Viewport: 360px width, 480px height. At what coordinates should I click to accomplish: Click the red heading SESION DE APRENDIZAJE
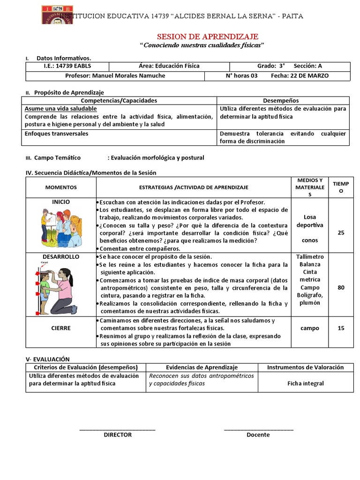coord(207,37)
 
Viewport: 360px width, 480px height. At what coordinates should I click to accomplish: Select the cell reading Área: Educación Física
coord(169,66)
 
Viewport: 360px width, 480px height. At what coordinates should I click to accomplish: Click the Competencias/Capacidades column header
coord(119,100)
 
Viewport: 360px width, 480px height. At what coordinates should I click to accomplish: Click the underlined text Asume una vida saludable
coord(61,108)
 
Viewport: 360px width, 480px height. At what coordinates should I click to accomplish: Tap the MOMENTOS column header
coord(61,187)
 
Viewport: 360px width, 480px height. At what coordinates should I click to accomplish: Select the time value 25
coord(341,232)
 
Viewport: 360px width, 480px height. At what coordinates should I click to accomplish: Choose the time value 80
coord(341,287)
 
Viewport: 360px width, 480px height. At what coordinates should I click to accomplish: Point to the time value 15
coord(341,328)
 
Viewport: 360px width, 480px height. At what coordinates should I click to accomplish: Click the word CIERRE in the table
coord(61,328)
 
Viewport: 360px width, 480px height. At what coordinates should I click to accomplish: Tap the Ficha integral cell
coord(306,383)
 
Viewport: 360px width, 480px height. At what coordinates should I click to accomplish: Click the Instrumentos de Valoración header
coord(306,367)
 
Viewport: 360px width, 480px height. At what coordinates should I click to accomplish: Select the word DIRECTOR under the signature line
coord(118,435)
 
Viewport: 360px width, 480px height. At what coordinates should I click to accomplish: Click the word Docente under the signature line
coord(258,435)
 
